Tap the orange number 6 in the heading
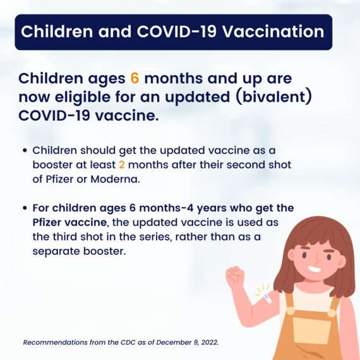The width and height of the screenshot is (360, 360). (x=134, y=79)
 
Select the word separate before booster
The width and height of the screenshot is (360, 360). (x=55, y=250)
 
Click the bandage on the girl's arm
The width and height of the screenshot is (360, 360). (x=267, y=296)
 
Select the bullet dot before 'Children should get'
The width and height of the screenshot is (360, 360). (x=25, y=152)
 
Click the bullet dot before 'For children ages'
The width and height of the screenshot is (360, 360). (x=25, y=208)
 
